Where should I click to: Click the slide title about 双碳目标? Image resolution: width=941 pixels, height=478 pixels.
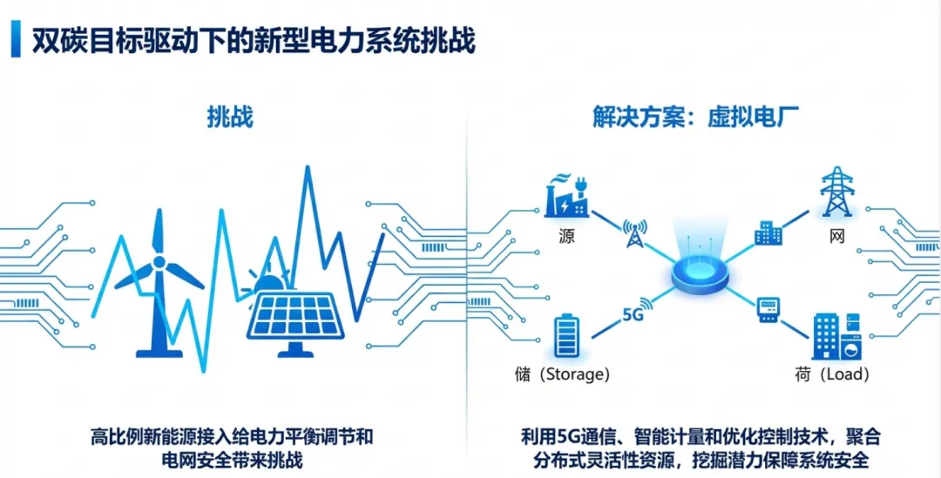tap(253, 41)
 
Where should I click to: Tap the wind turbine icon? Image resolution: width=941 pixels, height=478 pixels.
tap(159, 279)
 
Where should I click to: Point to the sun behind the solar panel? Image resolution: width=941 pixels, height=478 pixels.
tap(269, 283)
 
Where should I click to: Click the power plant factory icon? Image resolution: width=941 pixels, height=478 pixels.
tap(566, 196)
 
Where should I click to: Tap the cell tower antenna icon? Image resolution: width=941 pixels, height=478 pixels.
tap(633, 232)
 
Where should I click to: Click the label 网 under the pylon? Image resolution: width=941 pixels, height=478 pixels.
tap(836, 236)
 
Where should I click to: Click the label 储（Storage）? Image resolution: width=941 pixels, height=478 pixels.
tap(563, 374)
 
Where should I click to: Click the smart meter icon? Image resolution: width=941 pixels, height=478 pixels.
tap(767, 308)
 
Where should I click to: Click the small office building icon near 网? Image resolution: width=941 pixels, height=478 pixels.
tap(768, 233)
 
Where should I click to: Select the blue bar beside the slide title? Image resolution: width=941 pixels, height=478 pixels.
tap(16, 41)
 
